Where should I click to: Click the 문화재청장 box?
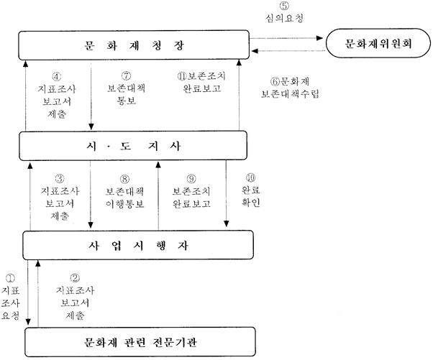pos(134,45)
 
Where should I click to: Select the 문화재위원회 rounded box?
pos(378,43)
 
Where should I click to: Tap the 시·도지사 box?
pos(133,146)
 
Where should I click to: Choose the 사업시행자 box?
pos(138,245)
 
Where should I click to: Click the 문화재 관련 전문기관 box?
pos(140,342)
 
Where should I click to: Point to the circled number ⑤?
pos(284,6)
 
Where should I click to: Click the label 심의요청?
pos(285,18)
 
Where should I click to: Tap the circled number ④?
pos(57,76)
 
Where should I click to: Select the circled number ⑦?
pos(126,75)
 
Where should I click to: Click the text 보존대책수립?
pos(290,94)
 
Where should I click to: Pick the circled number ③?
pos(60,179)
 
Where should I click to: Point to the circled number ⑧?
pos(125,180)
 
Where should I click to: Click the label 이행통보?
pos(125,204)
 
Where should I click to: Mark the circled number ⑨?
pos(191,179)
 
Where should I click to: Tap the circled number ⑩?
pos(251,178)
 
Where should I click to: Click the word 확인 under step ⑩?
pos(251,202)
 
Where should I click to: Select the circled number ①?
pos(11,278)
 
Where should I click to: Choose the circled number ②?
pos(75,278)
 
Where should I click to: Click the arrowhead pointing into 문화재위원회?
pos(319,38)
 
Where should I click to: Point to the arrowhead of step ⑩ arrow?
pos(226,223)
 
